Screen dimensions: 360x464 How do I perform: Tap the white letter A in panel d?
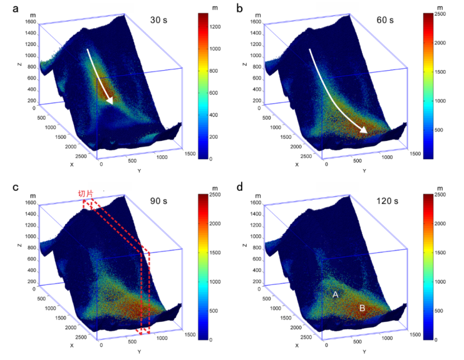pyautogui.click(x=336, y=294)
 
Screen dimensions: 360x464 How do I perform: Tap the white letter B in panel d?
pyautogui.click(x=362, y=307)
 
